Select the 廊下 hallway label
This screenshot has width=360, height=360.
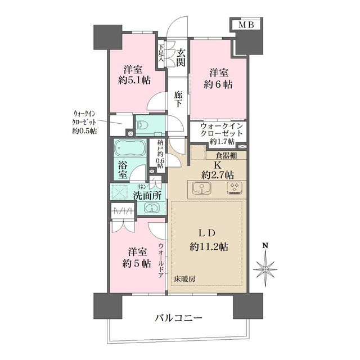178,99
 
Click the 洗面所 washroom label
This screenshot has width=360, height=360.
147,195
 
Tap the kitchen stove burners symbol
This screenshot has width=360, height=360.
233,188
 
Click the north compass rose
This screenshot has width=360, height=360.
265,269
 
